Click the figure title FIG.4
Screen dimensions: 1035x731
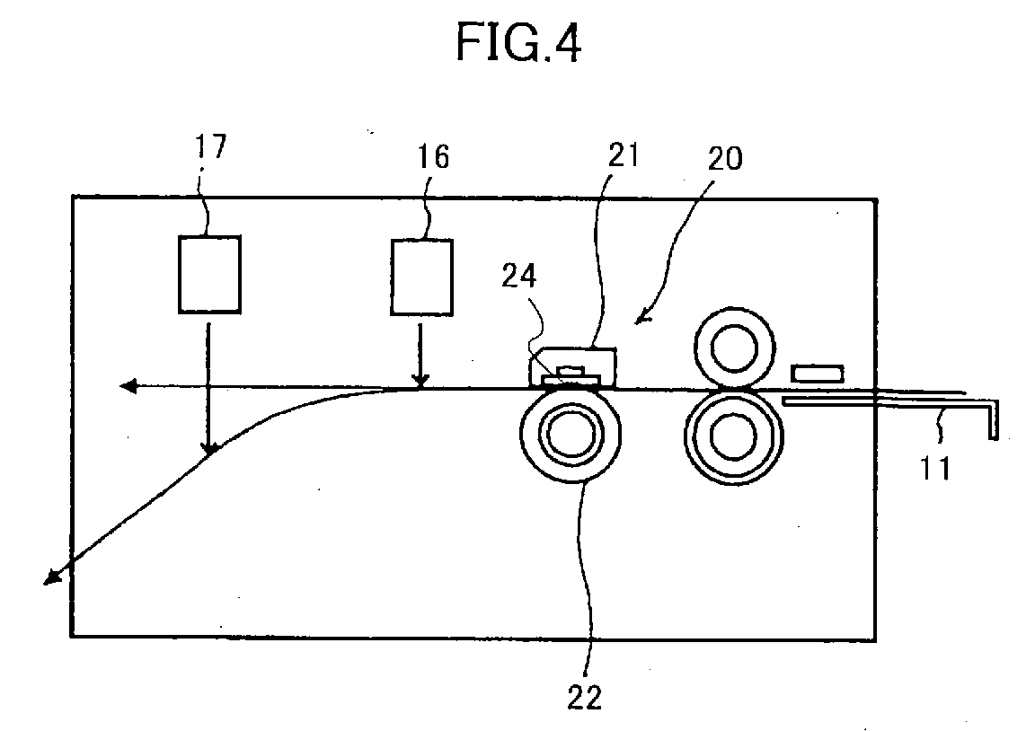click(x=518, y=43)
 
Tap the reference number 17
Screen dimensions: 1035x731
click(x=210, y=147)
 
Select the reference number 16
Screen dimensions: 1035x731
click(x=434, y=157)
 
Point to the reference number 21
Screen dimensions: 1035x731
click(x=624, y=154)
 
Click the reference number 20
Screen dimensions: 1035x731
click(x=725, y=158)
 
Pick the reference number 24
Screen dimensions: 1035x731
click(x=519, y=276)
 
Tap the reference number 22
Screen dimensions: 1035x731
click(x=585, y=698)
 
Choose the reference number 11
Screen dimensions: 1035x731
click(x=935, y=468)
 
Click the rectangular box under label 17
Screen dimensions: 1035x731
click(x=210, y=274)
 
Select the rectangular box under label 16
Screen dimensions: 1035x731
click(x=421, y=277)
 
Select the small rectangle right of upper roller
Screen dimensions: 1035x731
click(x=818, y=374)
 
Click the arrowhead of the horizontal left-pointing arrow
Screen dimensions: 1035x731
click(x=120, y=386)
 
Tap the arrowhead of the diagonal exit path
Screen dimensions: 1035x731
click(x=45, y=583)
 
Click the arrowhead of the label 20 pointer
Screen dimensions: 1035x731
click(x=636, y=323)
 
